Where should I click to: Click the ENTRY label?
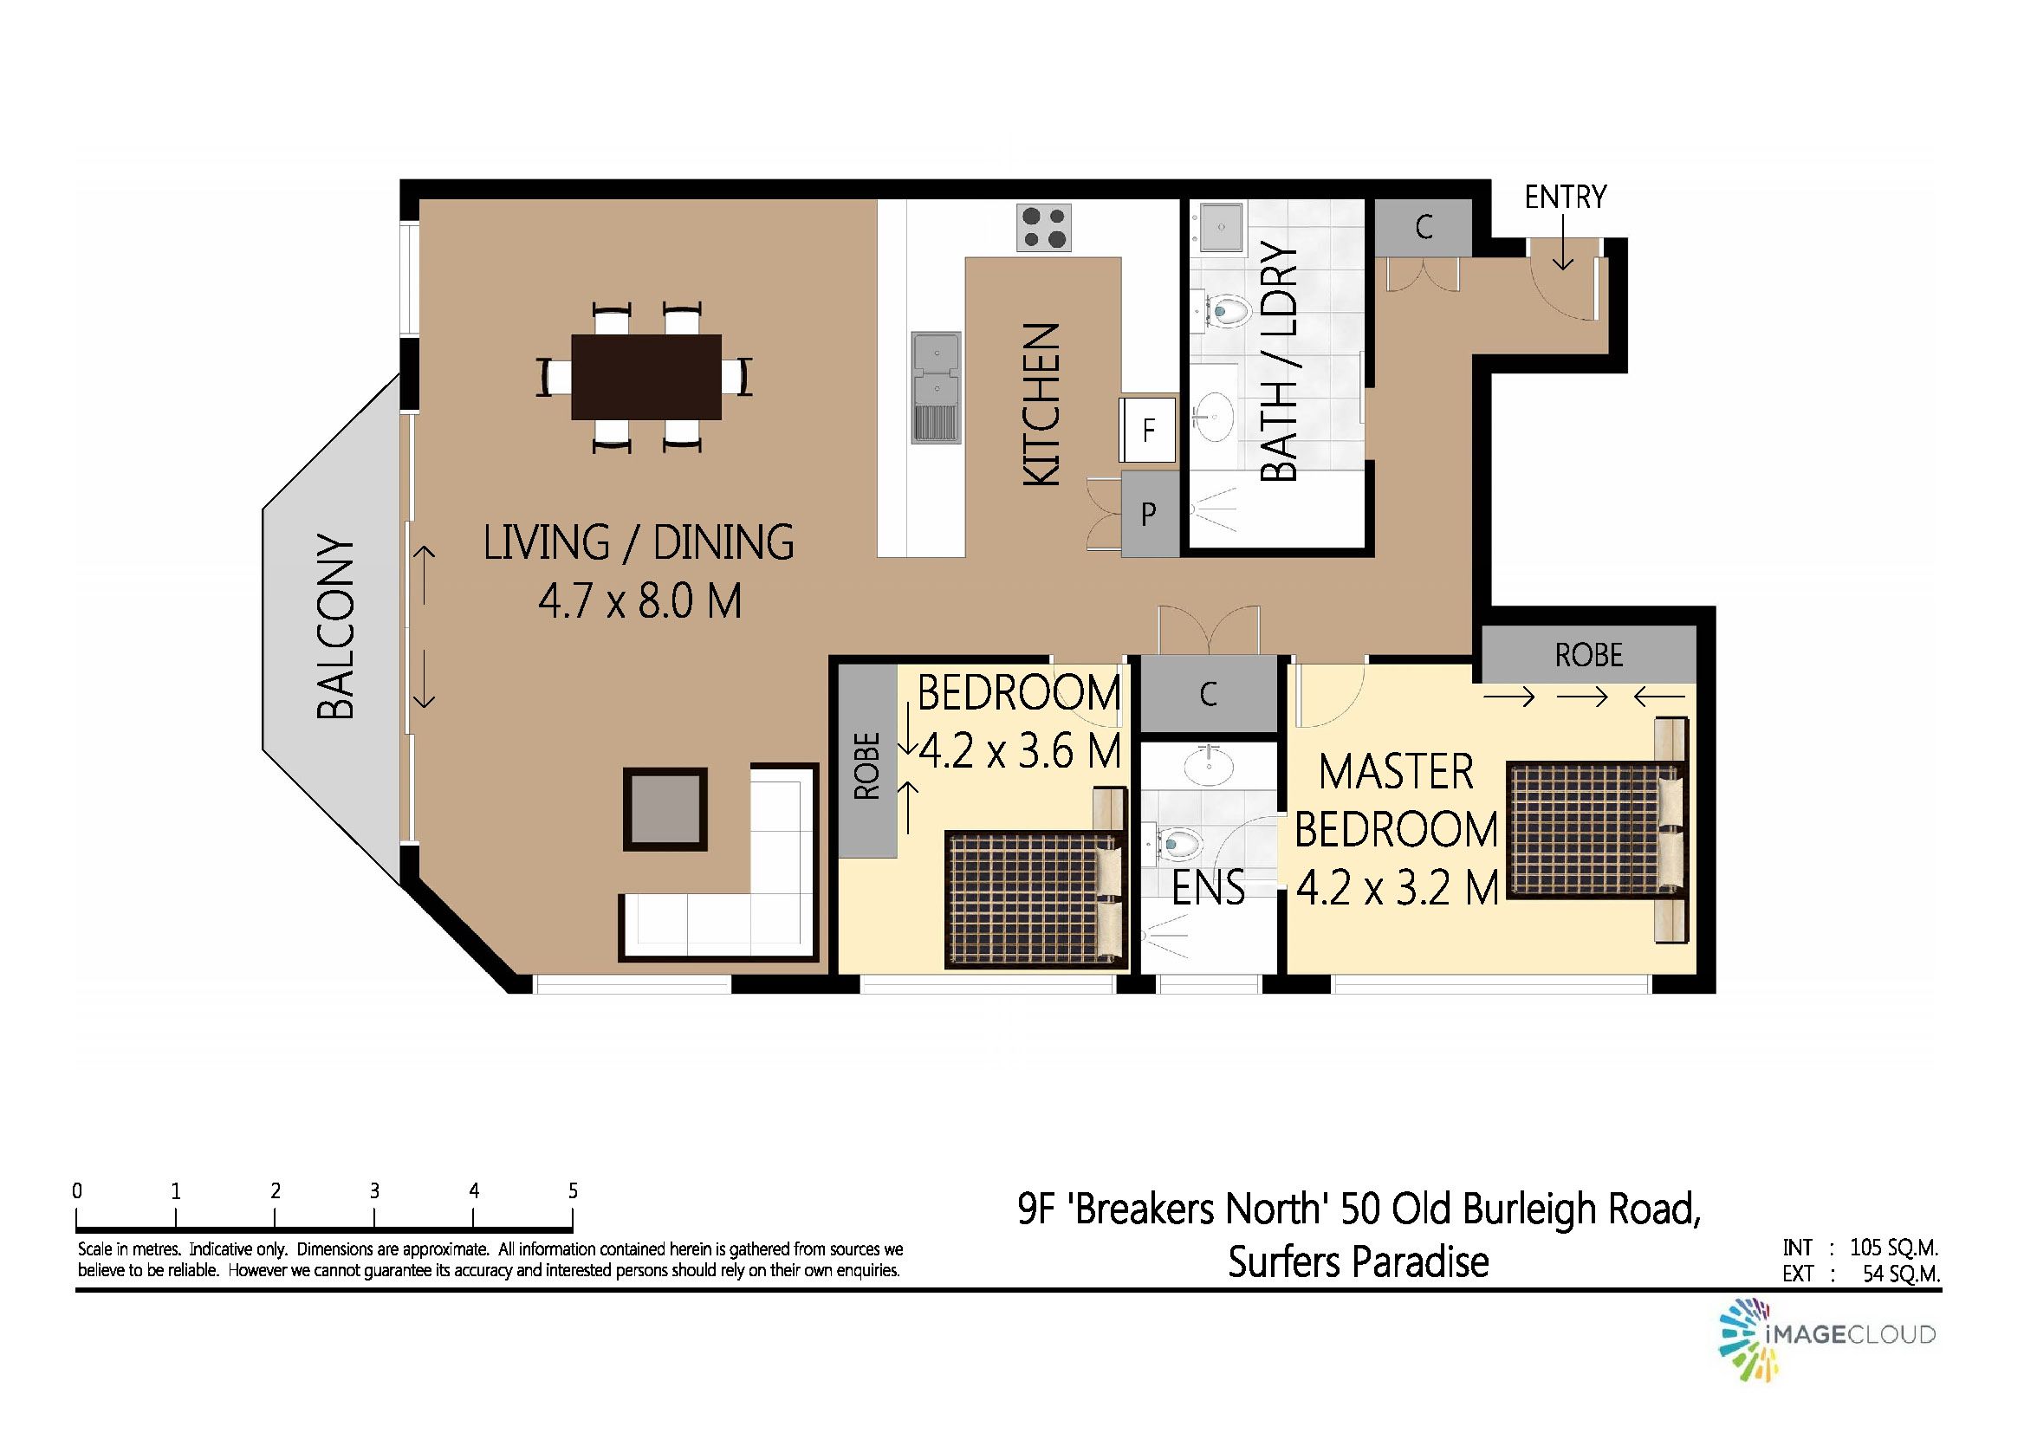pyautogui.click(x=1565, y=196)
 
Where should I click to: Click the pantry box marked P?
pyautogui.click(x=1150, y=514)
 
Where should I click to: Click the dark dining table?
pyautogui.click(x=645, y=376)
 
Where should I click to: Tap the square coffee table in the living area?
pyautogui.click(x=665, y=808)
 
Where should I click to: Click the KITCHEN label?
pyautogui.click(x=1041, y=405)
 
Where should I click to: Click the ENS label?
pyautogui.click(x=1209, y=887)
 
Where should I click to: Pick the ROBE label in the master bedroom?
pyautogui.click(x=1589, y=655)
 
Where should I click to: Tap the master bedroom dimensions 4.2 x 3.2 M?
pyautogui.click(x=1398, y=887)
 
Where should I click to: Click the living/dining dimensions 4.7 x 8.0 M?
pyautogui.click(x=639, y=600)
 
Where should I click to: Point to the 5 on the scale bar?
pyautogui.click(x=573, y=1190)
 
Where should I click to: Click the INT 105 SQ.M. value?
pyautogui.click(x=1893, y=1247)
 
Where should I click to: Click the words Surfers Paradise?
pyautogui.click(x=1359, y=1261)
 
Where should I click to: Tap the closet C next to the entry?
pyautogui.click(x=1423, y=228)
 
